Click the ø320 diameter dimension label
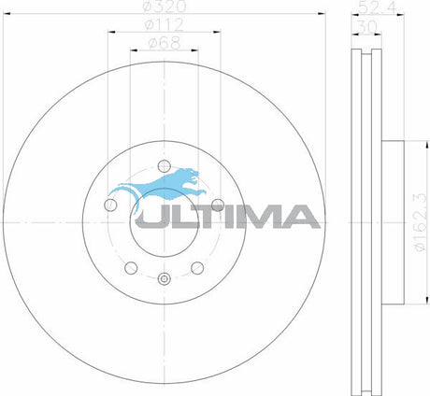point(165,7)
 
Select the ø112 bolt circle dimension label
point(165,24)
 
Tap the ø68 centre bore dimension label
point(165,43)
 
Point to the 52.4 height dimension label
point(378,7)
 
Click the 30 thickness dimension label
point(367,27)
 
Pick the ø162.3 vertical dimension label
point(419,222)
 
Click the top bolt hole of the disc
point(165,166)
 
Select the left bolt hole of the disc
point(110,205)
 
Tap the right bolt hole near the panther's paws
point(218,205)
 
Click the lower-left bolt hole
point(131,268)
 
